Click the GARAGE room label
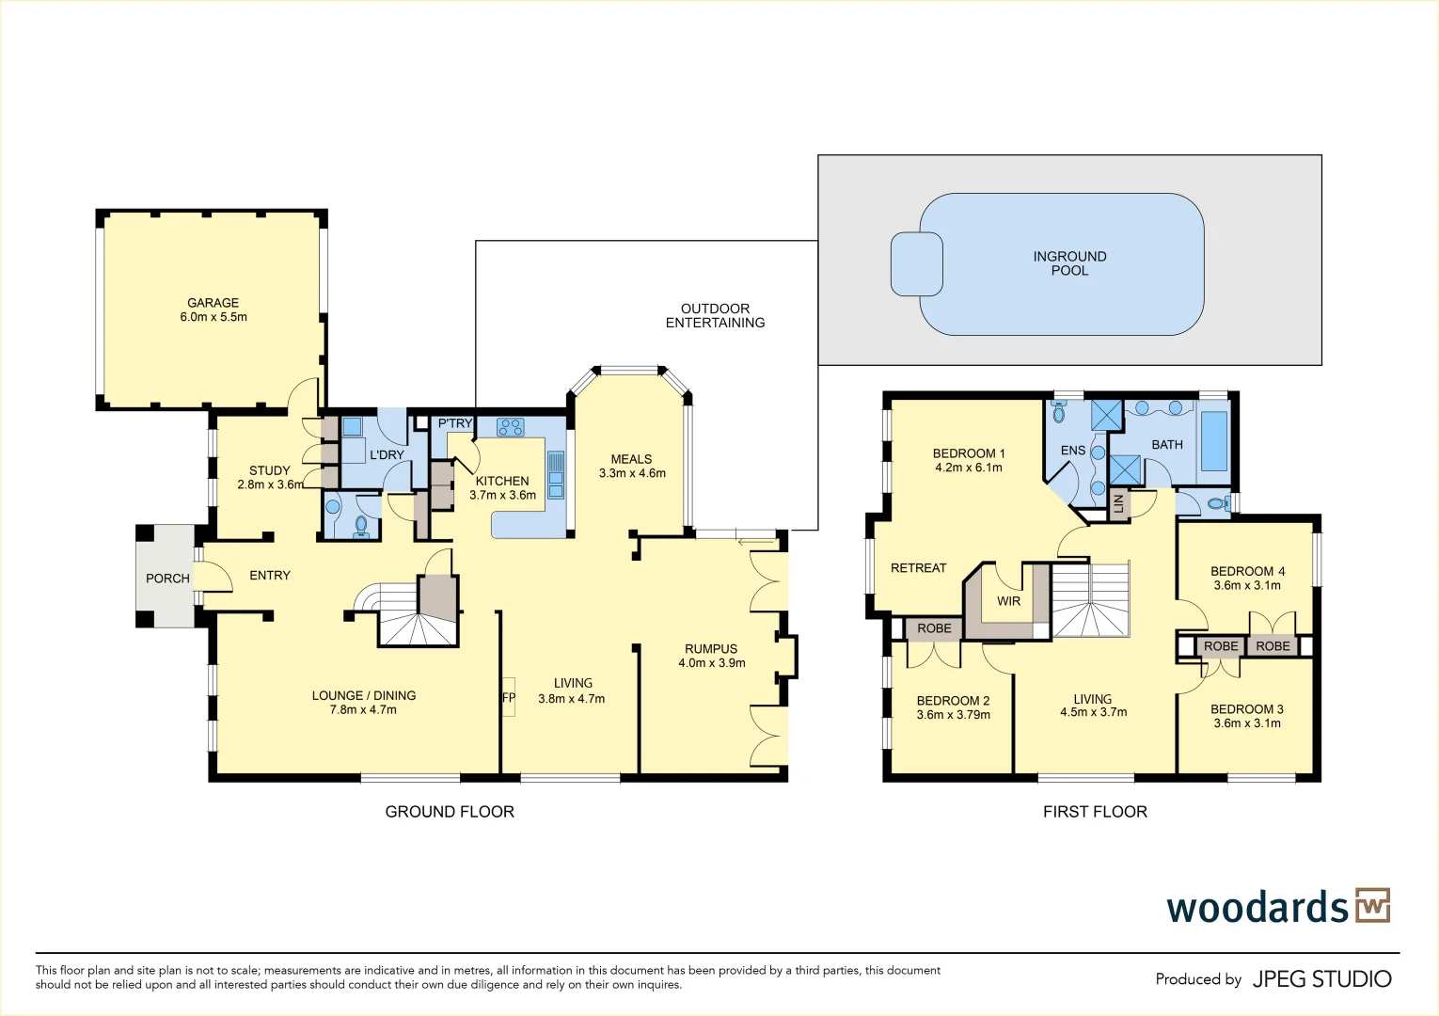[213, 303]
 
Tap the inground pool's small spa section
[916, 263]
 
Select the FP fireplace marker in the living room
[509, 698]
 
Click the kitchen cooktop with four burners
[511, 427]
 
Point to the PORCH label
[167, 579]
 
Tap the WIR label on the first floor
[1008, 601]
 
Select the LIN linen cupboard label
[1118, 503]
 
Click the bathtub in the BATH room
[1213, 441]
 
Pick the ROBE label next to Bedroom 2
[934, 628]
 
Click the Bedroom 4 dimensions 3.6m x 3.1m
[1247, 585]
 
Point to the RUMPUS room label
[711, 649]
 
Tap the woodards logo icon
[1372, 905]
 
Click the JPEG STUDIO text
[1321, 979]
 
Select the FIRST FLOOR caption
[1095, 812]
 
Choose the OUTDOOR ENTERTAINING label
[715, 315]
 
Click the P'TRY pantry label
[454, 423]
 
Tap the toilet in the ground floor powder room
[361, 525]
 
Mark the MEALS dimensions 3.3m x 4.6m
[632, 473]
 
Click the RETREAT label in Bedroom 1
[918, 568]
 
